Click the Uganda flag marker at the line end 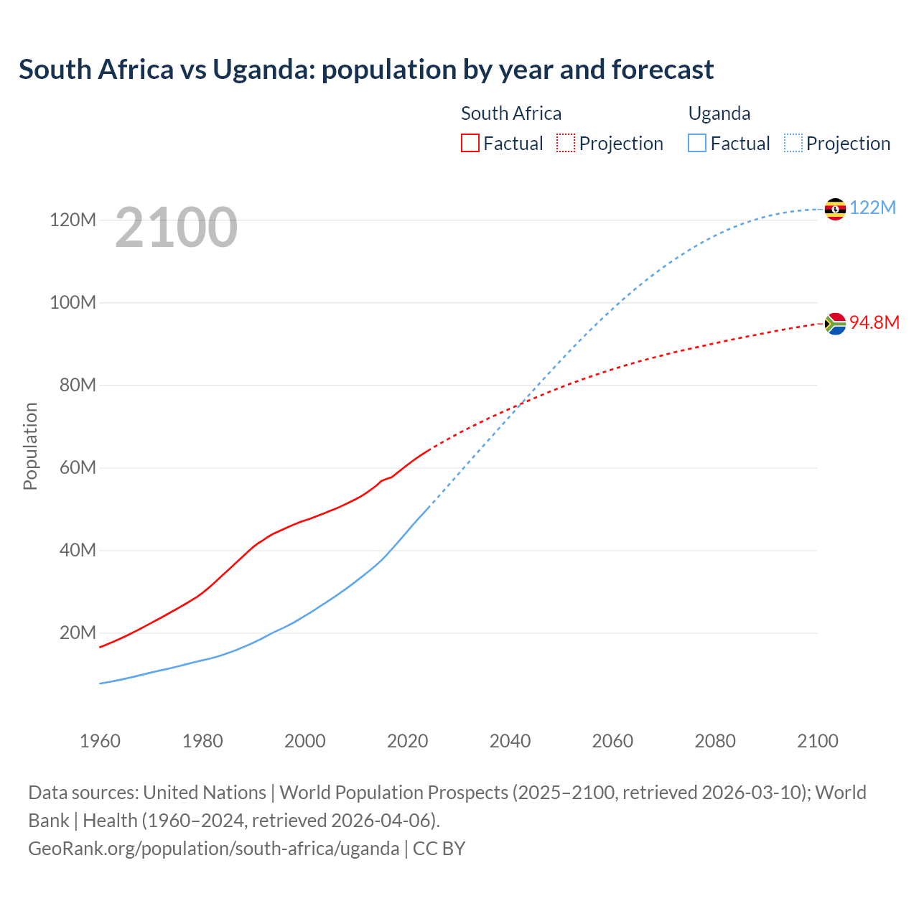pos(835,209)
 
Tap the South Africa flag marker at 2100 pos(835,324)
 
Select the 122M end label pos(872,208)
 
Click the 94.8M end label pos(874,322)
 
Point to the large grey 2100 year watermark pos(176,228)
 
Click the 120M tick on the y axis pos(73,220)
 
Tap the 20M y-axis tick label pos(77,633)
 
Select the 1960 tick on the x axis pos(100,741)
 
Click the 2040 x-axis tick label pos(510,741)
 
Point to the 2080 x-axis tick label pos(715,741)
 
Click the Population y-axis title pos(30,446)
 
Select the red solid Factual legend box pos(470,144)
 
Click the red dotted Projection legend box pos(566,144)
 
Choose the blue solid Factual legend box pos(697,144)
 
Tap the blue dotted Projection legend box pos(793,144)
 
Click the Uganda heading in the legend pos(719,113)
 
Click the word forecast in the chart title pos(663,70)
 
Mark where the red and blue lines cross pos(521,403)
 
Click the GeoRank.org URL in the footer pos(213,849)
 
